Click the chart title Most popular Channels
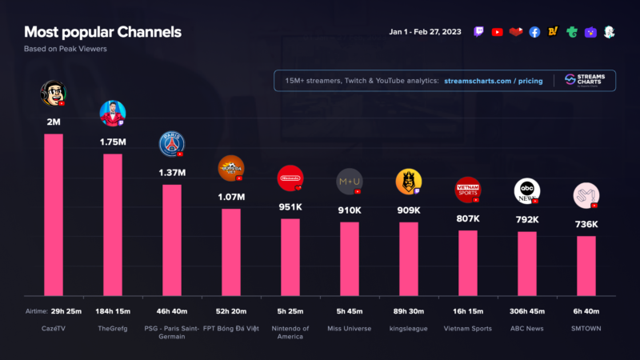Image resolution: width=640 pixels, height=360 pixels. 102,32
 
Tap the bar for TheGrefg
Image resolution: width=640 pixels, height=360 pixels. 113,224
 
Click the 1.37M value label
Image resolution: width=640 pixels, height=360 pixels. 172,173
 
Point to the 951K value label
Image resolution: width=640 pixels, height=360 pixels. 290,206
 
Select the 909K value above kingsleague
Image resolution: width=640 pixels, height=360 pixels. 408,210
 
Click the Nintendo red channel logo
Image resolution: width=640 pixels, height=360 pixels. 290,178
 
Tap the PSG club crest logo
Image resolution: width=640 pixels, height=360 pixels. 172,143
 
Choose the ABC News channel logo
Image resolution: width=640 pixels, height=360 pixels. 526,190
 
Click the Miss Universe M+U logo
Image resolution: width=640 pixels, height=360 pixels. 350,181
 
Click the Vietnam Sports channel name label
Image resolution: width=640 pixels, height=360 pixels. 468,327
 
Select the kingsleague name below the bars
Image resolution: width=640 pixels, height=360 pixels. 409,327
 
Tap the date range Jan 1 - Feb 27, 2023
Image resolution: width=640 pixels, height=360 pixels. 426,32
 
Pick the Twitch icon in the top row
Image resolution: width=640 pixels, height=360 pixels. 478,32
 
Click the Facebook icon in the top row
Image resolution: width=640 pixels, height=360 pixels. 534,32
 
